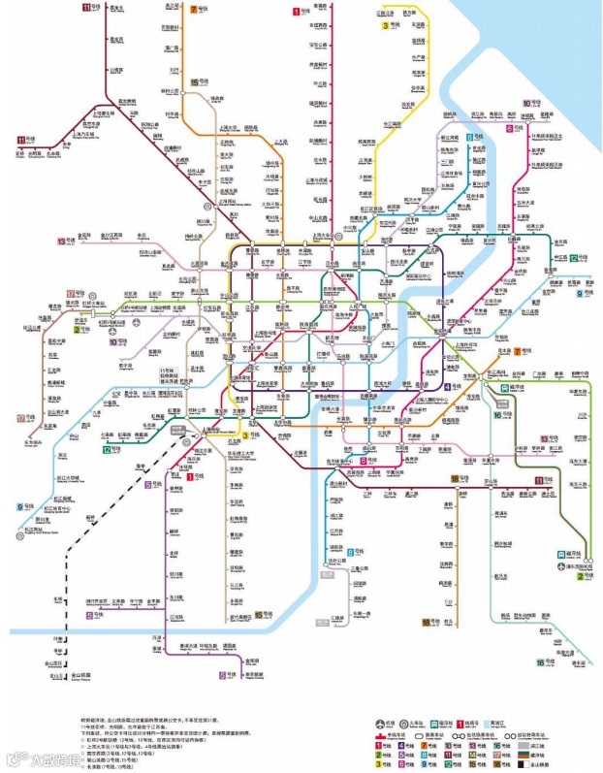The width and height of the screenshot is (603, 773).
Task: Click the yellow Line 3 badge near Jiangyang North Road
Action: pyautogui.click(x=385, y=26)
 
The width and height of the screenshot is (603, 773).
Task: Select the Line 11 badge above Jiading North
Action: pyautogui.click(x=87, y=8)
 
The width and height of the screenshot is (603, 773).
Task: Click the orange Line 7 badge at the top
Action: pyautogui.click(x=194, y=9)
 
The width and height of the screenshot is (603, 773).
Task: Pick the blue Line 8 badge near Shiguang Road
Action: pyautogui.click(x=472, y=139)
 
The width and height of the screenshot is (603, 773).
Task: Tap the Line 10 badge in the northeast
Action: pyautogui.click(x=526, y=103)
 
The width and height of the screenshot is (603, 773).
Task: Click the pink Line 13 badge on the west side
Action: pyautogui.click(x=61, y=241)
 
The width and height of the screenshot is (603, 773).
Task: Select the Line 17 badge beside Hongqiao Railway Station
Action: pyautogui.click(x=72, y=293)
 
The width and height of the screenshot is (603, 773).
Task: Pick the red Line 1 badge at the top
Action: pyautogui.click(x=297, y=12)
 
